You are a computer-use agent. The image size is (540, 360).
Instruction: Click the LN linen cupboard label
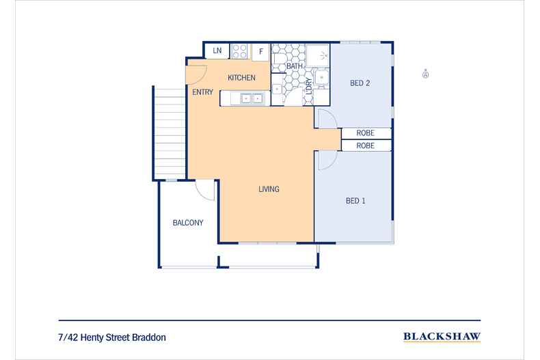pos(217,51)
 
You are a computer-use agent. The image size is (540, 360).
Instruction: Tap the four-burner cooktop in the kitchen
pos(239,51)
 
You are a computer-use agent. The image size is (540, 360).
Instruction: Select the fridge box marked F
pos(260,51)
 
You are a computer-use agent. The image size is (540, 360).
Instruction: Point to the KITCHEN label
pos(241,78)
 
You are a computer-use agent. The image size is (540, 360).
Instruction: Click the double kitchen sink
pos(248,98)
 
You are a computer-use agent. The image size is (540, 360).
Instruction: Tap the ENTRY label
pos(203,92)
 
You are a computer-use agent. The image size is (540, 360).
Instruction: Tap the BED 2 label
pos(360,83)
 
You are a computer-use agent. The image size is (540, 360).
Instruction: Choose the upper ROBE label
pos(365,133)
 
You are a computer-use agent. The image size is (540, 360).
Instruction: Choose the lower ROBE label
pos(365,146)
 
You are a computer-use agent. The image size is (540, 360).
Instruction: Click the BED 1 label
pos(355,201)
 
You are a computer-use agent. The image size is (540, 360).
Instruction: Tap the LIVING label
pos(269,189)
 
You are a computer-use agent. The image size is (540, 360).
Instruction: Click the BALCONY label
pos(187,223)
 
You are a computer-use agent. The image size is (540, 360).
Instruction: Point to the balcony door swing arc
pos(204,191)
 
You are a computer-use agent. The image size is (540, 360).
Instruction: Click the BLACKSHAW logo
pos(442,336)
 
